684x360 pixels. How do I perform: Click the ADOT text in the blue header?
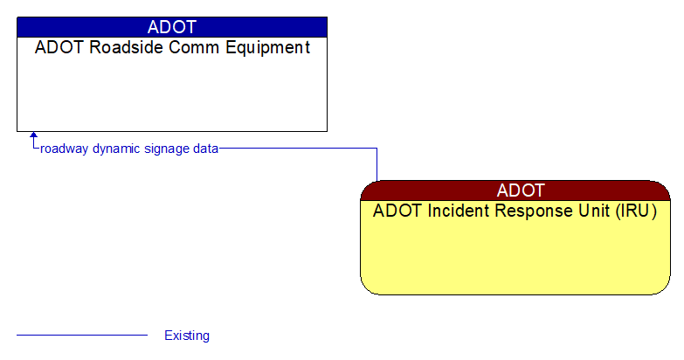(x=172, y=26)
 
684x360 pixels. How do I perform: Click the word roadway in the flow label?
(x=65, y=149)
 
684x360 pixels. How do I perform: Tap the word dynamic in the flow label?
(x=117, y=149)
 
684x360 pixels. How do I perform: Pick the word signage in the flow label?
(x=169, y=149)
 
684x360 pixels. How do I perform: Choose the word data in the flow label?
(x=206, y=149)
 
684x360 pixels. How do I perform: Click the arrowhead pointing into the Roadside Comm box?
(x=34, y=136)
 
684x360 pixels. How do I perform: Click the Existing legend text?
(x=187, y=336)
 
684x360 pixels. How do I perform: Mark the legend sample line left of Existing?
(x=82, y=335)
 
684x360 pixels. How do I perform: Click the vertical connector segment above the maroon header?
(x=377, y=164)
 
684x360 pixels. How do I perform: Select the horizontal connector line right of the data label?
(x=297, y=149)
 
